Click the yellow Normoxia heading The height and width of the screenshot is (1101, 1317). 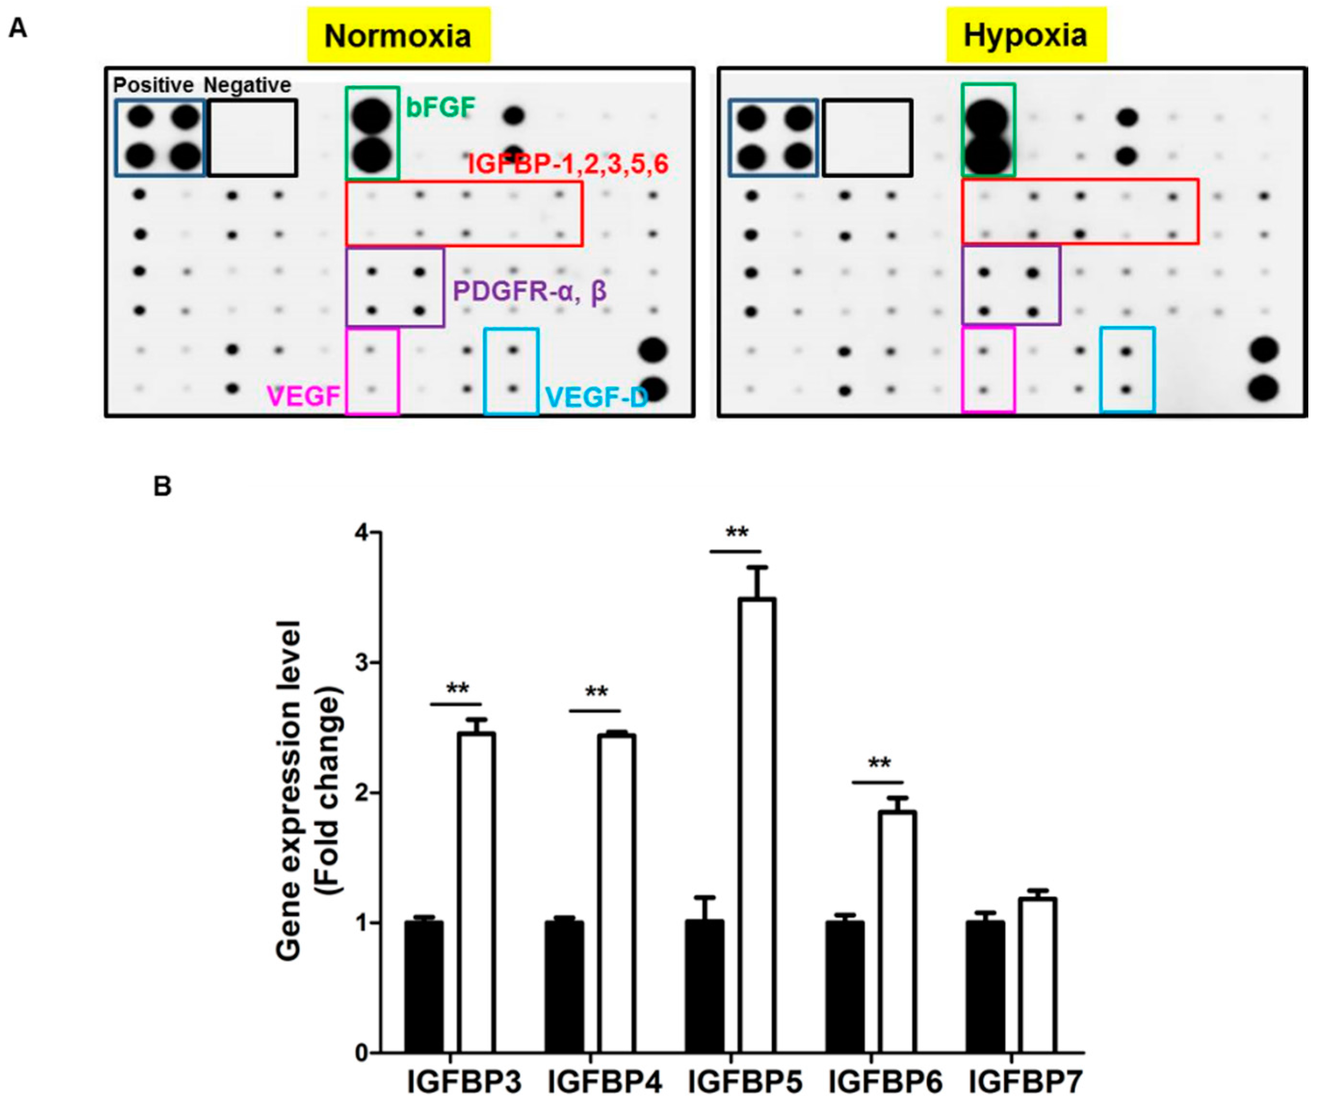click(x=398, y=36)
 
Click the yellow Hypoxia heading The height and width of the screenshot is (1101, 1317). click(x=1025, y=35)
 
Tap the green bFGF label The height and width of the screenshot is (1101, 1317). click(x=440, y=108)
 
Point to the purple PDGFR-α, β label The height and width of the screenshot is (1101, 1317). click(x=530, y=291)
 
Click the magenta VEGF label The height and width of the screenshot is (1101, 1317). click(x=304, y=396)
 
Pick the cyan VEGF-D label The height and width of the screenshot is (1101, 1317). click(x=596, y=397)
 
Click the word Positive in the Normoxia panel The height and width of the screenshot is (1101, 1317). click(x=153, y=85)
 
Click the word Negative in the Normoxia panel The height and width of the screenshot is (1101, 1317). click(x=248, y=85)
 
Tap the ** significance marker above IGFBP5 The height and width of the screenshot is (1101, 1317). click(x=736, y=533)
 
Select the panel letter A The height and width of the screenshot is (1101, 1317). click(x=17, y=29)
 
